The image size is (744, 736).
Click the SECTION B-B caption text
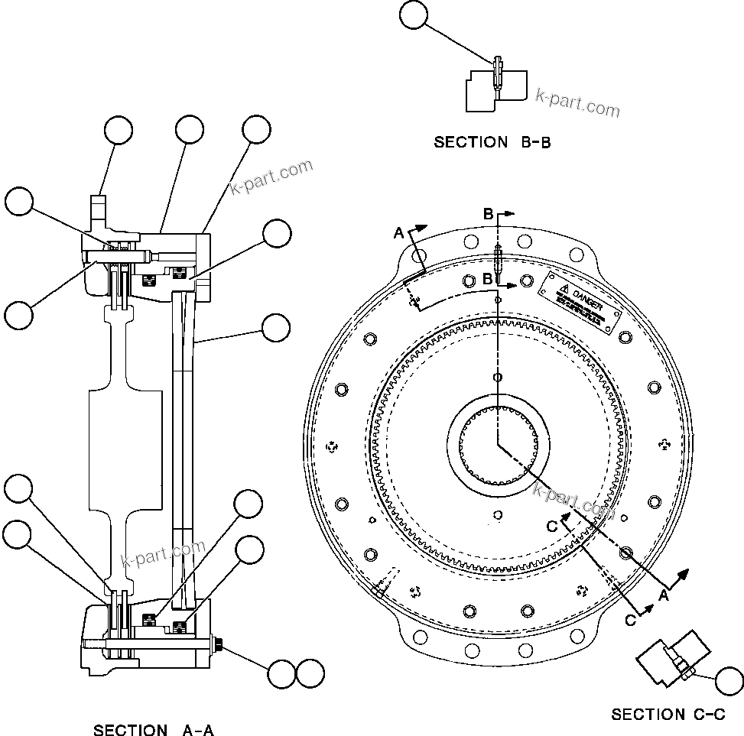tap(492, 142)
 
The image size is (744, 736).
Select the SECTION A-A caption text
tap(153, 731)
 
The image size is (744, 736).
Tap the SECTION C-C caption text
tap(668, 715)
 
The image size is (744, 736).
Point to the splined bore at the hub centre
tap(498, 445)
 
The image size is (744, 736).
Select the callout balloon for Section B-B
tap(414, 16)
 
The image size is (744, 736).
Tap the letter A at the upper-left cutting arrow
tap(398, 232)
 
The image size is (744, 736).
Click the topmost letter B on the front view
tap(488, 214)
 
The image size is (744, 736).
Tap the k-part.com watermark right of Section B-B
tap(577, 102)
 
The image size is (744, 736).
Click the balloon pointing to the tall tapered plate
tap(275, 328)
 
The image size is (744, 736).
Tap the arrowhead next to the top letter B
tap(511, 215)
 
